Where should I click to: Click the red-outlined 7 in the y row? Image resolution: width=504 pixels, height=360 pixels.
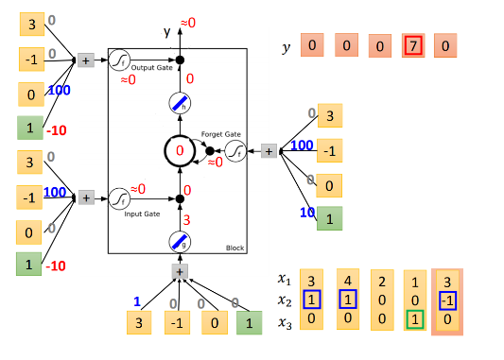[x=412, y=45]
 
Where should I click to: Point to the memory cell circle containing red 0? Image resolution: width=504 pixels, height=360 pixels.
[x=180, y=150]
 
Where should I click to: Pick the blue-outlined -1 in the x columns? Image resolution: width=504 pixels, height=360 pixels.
[x=448, y=300]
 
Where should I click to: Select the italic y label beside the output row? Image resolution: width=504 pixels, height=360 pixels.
[x=287, y=46]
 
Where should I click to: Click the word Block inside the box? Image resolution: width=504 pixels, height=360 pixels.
[x=234, y=248]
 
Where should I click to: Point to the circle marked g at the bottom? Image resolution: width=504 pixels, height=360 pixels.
[x=180, y=243]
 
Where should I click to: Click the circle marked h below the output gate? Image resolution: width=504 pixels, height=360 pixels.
[x=180, y=104]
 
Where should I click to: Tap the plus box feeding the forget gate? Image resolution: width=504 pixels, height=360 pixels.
[x=269, y=150]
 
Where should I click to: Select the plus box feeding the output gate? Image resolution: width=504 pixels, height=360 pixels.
[x=86, y=60]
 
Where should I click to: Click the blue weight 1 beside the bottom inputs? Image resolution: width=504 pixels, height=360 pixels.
[x=137, y=302]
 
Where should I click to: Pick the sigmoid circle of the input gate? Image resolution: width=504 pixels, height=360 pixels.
[x=119, y=198]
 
